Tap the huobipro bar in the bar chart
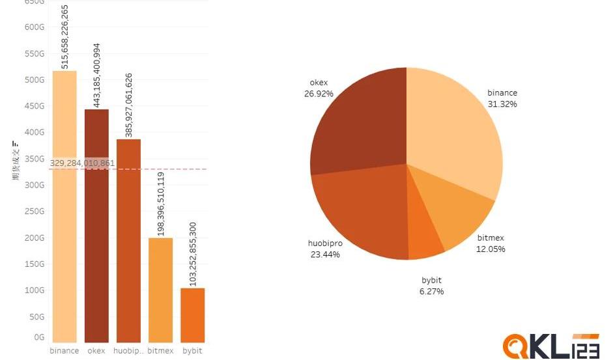128,241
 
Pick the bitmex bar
160,290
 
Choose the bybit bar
192,315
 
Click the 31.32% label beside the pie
502,104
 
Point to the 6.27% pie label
432,292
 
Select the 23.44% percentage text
325,255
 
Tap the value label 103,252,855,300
193,254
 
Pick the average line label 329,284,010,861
82,163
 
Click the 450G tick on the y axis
35,106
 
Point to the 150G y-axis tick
35,264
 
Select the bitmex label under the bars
160,351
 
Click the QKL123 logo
550,345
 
